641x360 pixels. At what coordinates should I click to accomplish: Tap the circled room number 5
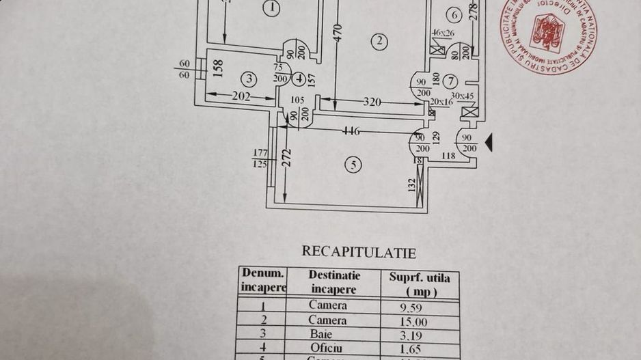(x=353, y=165)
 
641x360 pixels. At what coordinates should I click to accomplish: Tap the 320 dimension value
(x=372, y=102)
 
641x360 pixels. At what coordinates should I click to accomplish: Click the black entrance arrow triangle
(x=489, y=141)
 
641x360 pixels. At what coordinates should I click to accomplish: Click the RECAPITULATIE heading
(x=359, y=251)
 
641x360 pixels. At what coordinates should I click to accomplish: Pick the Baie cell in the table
(x=327, y=335)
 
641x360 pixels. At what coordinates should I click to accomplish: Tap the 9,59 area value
(x=411, y=307)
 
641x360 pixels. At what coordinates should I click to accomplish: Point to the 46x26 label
(x=444, y=32)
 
